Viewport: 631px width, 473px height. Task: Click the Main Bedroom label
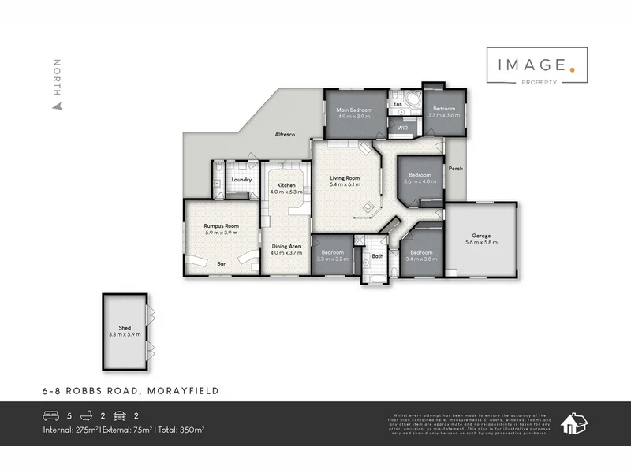coord(354,109)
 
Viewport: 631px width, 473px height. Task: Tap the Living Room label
coord(345,178)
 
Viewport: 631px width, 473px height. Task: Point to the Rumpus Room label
coord(221,226)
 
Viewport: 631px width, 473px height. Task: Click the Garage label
coord(482,236)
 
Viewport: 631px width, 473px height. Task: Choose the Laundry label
coord(241,180)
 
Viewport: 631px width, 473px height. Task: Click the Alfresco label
coord(285,135)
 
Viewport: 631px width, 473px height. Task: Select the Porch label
coord(455,169)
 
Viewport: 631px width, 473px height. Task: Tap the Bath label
coord(377,255)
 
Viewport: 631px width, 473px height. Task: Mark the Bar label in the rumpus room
coord(222,264)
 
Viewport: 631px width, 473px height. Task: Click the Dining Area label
coord(286,246)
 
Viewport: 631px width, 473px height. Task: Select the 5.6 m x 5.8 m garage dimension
coord(482,243)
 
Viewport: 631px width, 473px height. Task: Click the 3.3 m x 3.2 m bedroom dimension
coord(332,259)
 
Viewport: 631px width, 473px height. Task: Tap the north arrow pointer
coord(56,106)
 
